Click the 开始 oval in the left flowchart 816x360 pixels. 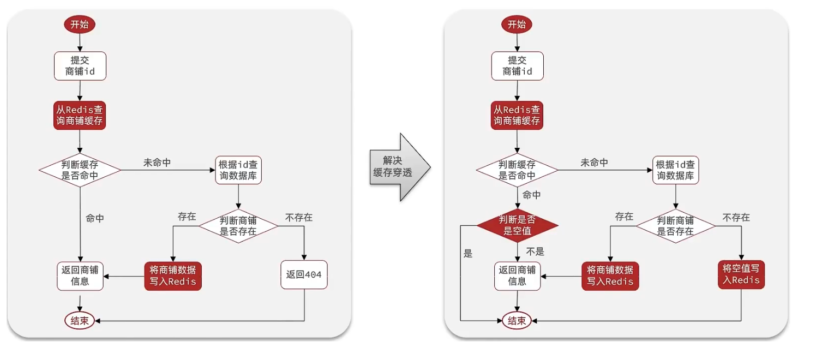80,24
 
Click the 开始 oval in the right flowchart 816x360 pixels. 517,24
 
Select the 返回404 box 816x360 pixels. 304,275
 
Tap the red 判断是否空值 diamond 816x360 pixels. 518,225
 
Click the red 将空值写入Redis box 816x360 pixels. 741,274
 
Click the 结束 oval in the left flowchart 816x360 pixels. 80,321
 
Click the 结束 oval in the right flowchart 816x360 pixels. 517,321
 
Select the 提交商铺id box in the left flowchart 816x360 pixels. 80,66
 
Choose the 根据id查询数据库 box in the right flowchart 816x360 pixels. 676,170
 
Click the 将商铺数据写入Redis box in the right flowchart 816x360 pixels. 610,275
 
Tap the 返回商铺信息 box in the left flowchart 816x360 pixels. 80,275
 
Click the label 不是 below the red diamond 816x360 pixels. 535,251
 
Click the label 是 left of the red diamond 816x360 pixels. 467,254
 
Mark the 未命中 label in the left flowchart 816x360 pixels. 157,163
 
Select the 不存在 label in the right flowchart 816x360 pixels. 736,217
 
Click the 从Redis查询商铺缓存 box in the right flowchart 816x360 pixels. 517,115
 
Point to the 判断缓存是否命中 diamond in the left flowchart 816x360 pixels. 80,170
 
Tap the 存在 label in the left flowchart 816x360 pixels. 187,217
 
